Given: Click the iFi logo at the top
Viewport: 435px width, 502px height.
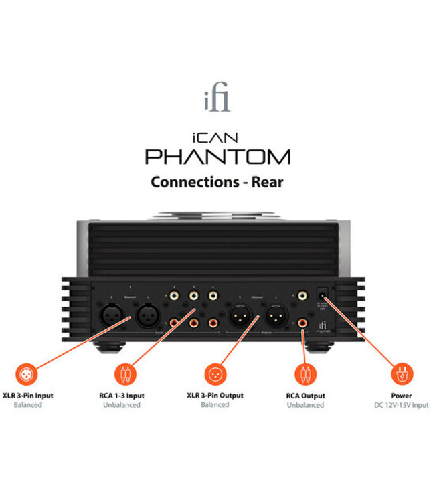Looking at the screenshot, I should [217, 101].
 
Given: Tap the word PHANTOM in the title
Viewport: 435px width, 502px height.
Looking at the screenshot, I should [217, 157].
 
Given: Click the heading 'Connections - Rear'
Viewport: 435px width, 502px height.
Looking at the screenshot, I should [217, 181].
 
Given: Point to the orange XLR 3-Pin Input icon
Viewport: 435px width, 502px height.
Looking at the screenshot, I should [28, 372].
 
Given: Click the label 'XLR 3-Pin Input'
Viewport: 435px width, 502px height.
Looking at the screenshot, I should [28, 396].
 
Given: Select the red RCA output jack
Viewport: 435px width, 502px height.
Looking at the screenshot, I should [302, 324].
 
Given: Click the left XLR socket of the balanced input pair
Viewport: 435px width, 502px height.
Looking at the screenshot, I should [111, 314].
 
